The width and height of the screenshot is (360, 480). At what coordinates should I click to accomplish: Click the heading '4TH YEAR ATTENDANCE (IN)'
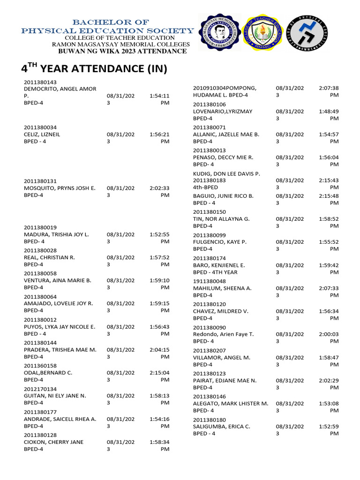(x=94, y=68)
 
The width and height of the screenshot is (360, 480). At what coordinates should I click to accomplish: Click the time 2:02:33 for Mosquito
(x=159, y=188)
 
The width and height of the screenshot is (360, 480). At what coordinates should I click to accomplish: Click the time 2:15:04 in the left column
(x=159, y=373)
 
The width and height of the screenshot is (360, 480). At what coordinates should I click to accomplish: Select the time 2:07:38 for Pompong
(x=329, y=88)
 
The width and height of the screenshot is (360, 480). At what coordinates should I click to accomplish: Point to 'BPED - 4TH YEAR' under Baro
(x=215, y=272)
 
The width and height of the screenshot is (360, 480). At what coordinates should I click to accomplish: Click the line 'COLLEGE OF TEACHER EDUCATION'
(x=120, y=37)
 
